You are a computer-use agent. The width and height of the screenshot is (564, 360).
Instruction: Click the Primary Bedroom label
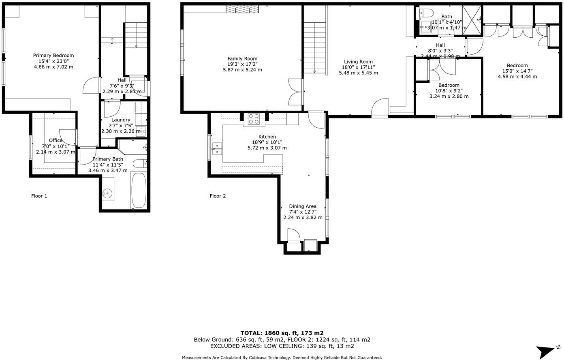pos(53,56)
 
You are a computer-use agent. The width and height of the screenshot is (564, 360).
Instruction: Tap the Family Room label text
pos(242,59)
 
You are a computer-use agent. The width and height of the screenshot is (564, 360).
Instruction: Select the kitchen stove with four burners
pos(254,118)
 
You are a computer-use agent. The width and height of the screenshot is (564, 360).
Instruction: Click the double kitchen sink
pos(217,148)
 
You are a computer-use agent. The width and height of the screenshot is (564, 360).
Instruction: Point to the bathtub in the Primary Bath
pos(138,190)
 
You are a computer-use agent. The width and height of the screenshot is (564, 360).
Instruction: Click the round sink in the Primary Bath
pos(107,193)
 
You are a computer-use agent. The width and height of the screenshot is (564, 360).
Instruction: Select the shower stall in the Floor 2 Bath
pos(472,20)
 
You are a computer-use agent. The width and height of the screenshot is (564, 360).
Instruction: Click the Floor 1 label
pos(39,196)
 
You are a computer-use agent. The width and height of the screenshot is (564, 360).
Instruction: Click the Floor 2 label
pos(218,196)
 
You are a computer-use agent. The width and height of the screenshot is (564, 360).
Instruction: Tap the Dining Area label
pos(303,206)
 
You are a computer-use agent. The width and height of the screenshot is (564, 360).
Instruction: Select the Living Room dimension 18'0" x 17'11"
pos(358,67)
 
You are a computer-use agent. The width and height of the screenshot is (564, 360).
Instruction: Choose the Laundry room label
pos(121,120)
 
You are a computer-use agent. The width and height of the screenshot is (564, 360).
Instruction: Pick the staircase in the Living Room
pos(315,48)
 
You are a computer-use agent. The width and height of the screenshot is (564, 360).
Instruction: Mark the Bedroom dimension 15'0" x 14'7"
pos(517,71)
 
